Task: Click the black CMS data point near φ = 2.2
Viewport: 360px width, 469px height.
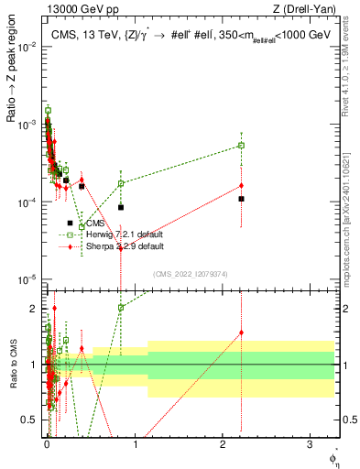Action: (x=241, y=199)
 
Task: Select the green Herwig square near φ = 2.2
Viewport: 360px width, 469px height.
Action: (x=241, y=146)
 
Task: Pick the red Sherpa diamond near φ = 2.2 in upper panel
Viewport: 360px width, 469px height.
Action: (x=241, y=186)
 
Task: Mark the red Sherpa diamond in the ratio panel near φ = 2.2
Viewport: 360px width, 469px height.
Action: (x=241, y=333)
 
